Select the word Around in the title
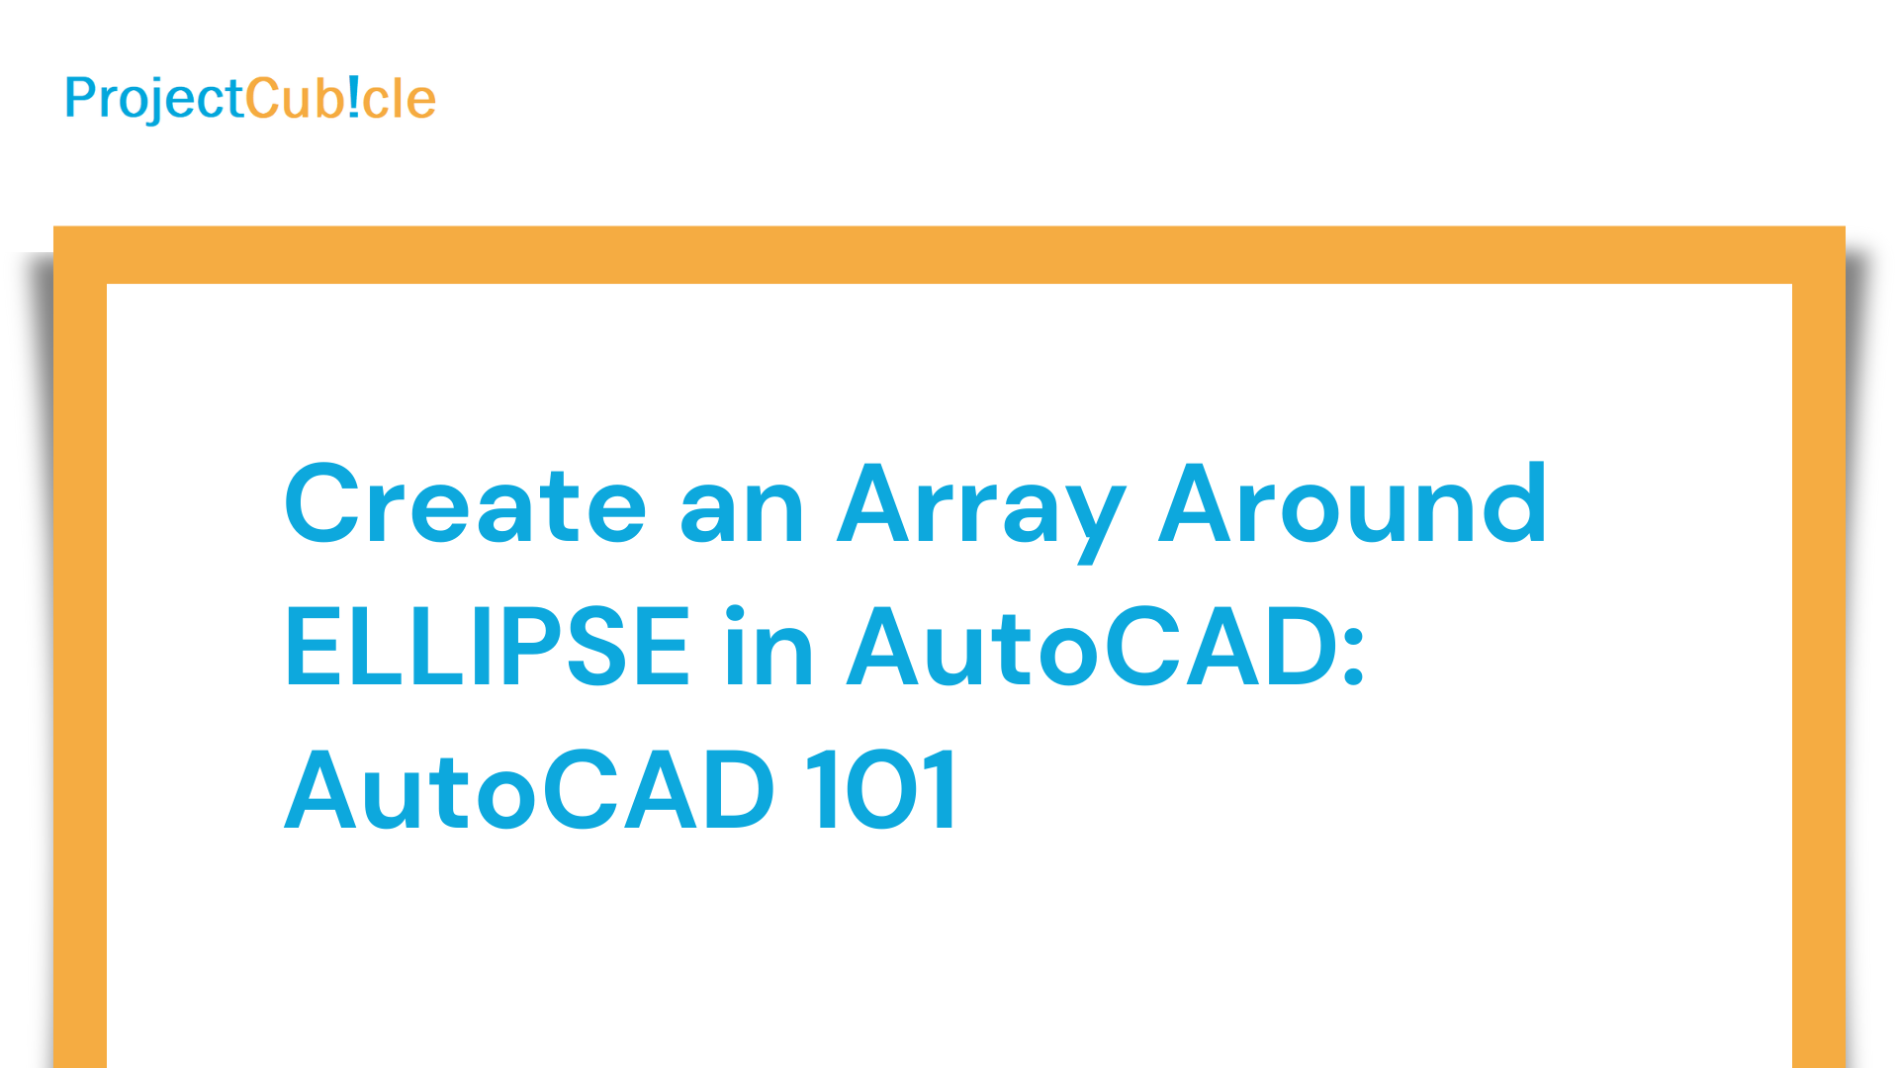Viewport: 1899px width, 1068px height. pos(1352,503)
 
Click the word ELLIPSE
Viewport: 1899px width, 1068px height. pos(487,646)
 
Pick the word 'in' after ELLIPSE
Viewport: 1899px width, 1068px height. pos(769,646)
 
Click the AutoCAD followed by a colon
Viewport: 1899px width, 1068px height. pos(1093,646)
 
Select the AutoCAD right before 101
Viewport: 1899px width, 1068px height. pos(529,789)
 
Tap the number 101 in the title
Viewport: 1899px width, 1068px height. pos(880,789)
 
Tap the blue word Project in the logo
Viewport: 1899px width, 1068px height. pos(154,99)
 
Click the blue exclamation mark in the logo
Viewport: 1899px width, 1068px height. pos(354,98)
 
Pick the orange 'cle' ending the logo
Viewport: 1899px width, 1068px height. pos(400,99)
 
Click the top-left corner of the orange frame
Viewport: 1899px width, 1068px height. pos(53,226)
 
